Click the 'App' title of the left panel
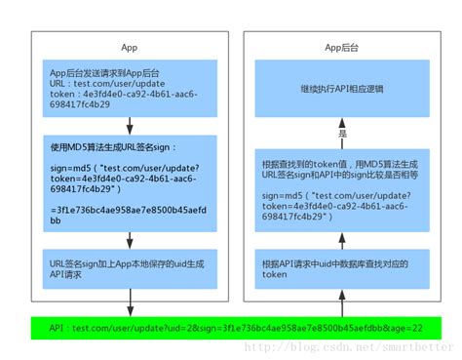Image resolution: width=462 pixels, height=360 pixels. [130, 47]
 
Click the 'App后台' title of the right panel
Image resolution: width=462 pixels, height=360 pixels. [340, 47]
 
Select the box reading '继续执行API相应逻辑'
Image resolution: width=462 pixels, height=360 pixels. [341, 87]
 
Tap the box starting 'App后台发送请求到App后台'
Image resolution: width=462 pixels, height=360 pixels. [130, 87]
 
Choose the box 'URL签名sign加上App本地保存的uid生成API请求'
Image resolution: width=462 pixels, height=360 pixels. [130, 269]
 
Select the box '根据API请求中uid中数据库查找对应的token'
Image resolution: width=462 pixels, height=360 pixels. [341, 269]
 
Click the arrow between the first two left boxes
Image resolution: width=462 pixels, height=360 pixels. [130, 125]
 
